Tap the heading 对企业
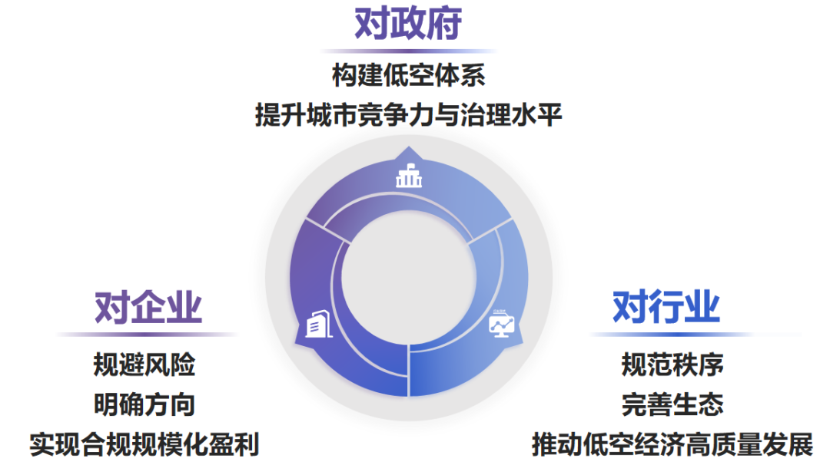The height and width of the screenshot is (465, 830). pyautogui.click(x=148, y=308)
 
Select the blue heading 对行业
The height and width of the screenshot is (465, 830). pyautogui.click(x=666, y=307)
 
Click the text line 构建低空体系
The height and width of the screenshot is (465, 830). pyautogui.click(x=408, y=77)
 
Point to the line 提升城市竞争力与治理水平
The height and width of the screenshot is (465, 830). pyautogui.click(x=409, y=116)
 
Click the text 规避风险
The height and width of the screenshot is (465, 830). pyautogui.click(x=144, y=365)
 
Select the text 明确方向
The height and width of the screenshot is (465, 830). pyautogui.click(x=144, y=404)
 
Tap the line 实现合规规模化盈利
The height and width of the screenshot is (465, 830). pyautogui.click(x=144, y=444)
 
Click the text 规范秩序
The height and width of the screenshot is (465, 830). pyautogui.click(x=672, y=365)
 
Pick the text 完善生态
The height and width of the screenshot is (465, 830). pyautogui.click(x=672, y=404)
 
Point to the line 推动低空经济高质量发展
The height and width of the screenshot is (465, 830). pyautogui.click(x=672, y=444)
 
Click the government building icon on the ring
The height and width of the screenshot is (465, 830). pyautogui.click(x=409, y=177)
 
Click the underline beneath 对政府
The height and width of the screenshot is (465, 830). pyautogui.click(x=408, y=51)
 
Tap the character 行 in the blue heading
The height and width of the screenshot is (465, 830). pyautogui.click(x=666, y=307)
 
